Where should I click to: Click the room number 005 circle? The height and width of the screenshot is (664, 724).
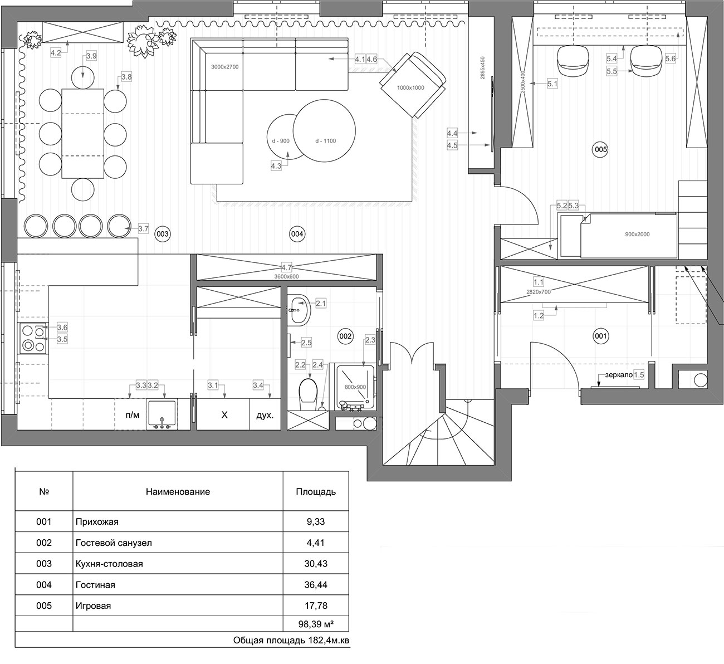click(600, 149)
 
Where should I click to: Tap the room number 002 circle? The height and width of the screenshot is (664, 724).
click(345, 336)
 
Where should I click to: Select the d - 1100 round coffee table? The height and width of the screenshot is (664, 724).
click(324, 130)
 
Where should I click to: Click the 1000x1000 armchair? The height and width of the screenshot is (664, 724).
click(413, 85)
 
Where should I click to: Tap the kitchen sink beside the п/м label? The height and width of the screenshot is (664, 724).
click(162, 414)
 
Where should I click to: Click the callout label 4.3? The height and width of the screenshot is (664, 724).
click(276, 167)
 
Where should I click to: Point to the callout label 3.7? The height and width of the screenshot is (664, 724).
click(143, 228)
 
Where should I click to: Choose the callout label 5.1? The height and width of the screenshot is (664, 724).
click(552, 84)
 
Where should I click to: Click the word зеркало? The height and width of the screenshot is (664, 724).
click(619, 375)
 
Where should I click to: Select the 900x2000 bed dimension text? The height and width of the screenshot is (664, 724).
click(637, 234)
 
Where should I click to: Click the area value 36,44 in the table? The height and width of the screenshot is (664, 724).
click(316, 584)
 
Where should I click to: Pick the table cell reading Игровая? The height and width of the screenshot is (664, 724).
click(93, 606)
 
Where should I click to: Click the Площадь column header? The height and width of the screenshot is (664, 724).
click(316, 492)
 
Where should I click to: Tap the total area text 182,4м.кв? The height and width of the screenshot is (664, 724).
click(329, 640)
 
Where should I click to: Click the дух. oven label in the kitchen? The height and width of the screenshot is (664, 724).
click(265, 415)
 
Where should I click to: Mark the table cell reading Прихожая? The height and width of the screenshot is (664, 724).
click(97, 522)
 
